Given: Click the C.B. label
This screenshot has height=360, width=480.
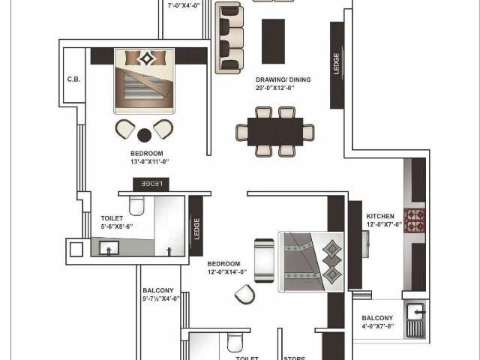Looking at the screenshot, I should tap(73, 79).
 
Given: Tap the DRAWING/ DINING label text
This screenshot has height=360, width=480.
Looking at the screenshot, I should tap(283, 79).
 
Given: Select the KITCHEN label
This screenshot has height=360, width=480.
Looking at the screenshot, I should tap(379, 216).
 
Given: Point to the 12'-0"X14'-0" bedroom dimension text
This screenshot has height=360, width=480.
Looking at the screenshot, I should tap(223, 273).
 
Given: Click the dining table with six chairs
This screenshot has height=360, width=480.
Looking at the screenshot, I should tap(274, 132).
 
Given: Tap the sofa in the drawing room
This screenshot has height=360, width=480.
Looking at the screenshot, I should tap(229, 37).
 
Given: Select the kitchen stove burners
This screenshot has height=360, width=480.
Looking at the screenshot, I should tap(415, 220).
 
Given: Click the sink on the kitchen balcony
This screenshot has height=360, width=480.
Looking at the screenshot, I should tap(415, 319).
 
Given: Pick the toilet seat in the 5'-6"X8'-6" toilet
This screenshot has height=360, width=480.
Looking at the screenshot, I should tap(136, 204).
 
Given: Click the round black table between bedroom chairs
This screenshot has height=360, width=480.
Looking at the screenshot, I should tap(144, 135).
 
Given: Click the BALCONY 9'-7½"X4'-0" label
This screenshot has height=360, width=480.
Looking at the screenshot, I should tap(158, 295).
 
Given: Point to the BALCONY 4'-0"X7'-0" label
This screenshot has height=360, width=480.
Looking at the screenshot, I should tap(376, 322).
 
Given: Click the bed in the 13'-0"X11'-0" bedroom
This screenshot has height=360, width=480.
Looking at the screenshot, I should tap(144, 81).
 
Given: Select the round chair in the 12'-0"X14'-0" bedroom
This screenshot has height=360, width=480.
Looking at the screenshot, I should tap(244, 295).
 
